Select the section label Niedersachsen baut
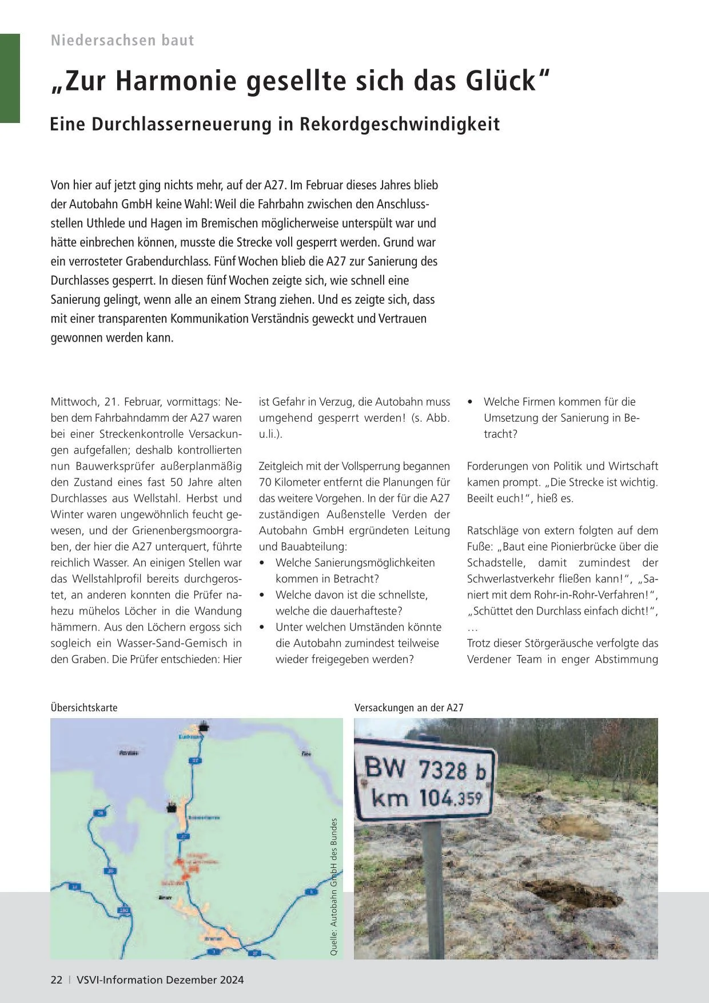tap(122, 40)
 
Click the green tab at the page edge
tap(10, 78)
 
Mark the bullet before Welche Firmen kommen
tap(470, 402)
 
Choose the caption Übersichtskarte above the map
tap(84, 708)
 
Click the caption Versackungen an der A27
tap(409, 708)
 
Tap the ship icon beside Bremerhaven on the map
tap(170, 807)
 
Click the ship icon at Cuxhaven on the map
tap(204, 727)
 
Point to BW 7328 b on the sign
tap(425, 770)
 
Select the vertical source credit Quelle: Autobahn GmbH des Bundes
tap(334, 887)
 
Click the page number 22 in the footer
tap(57, 980)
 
